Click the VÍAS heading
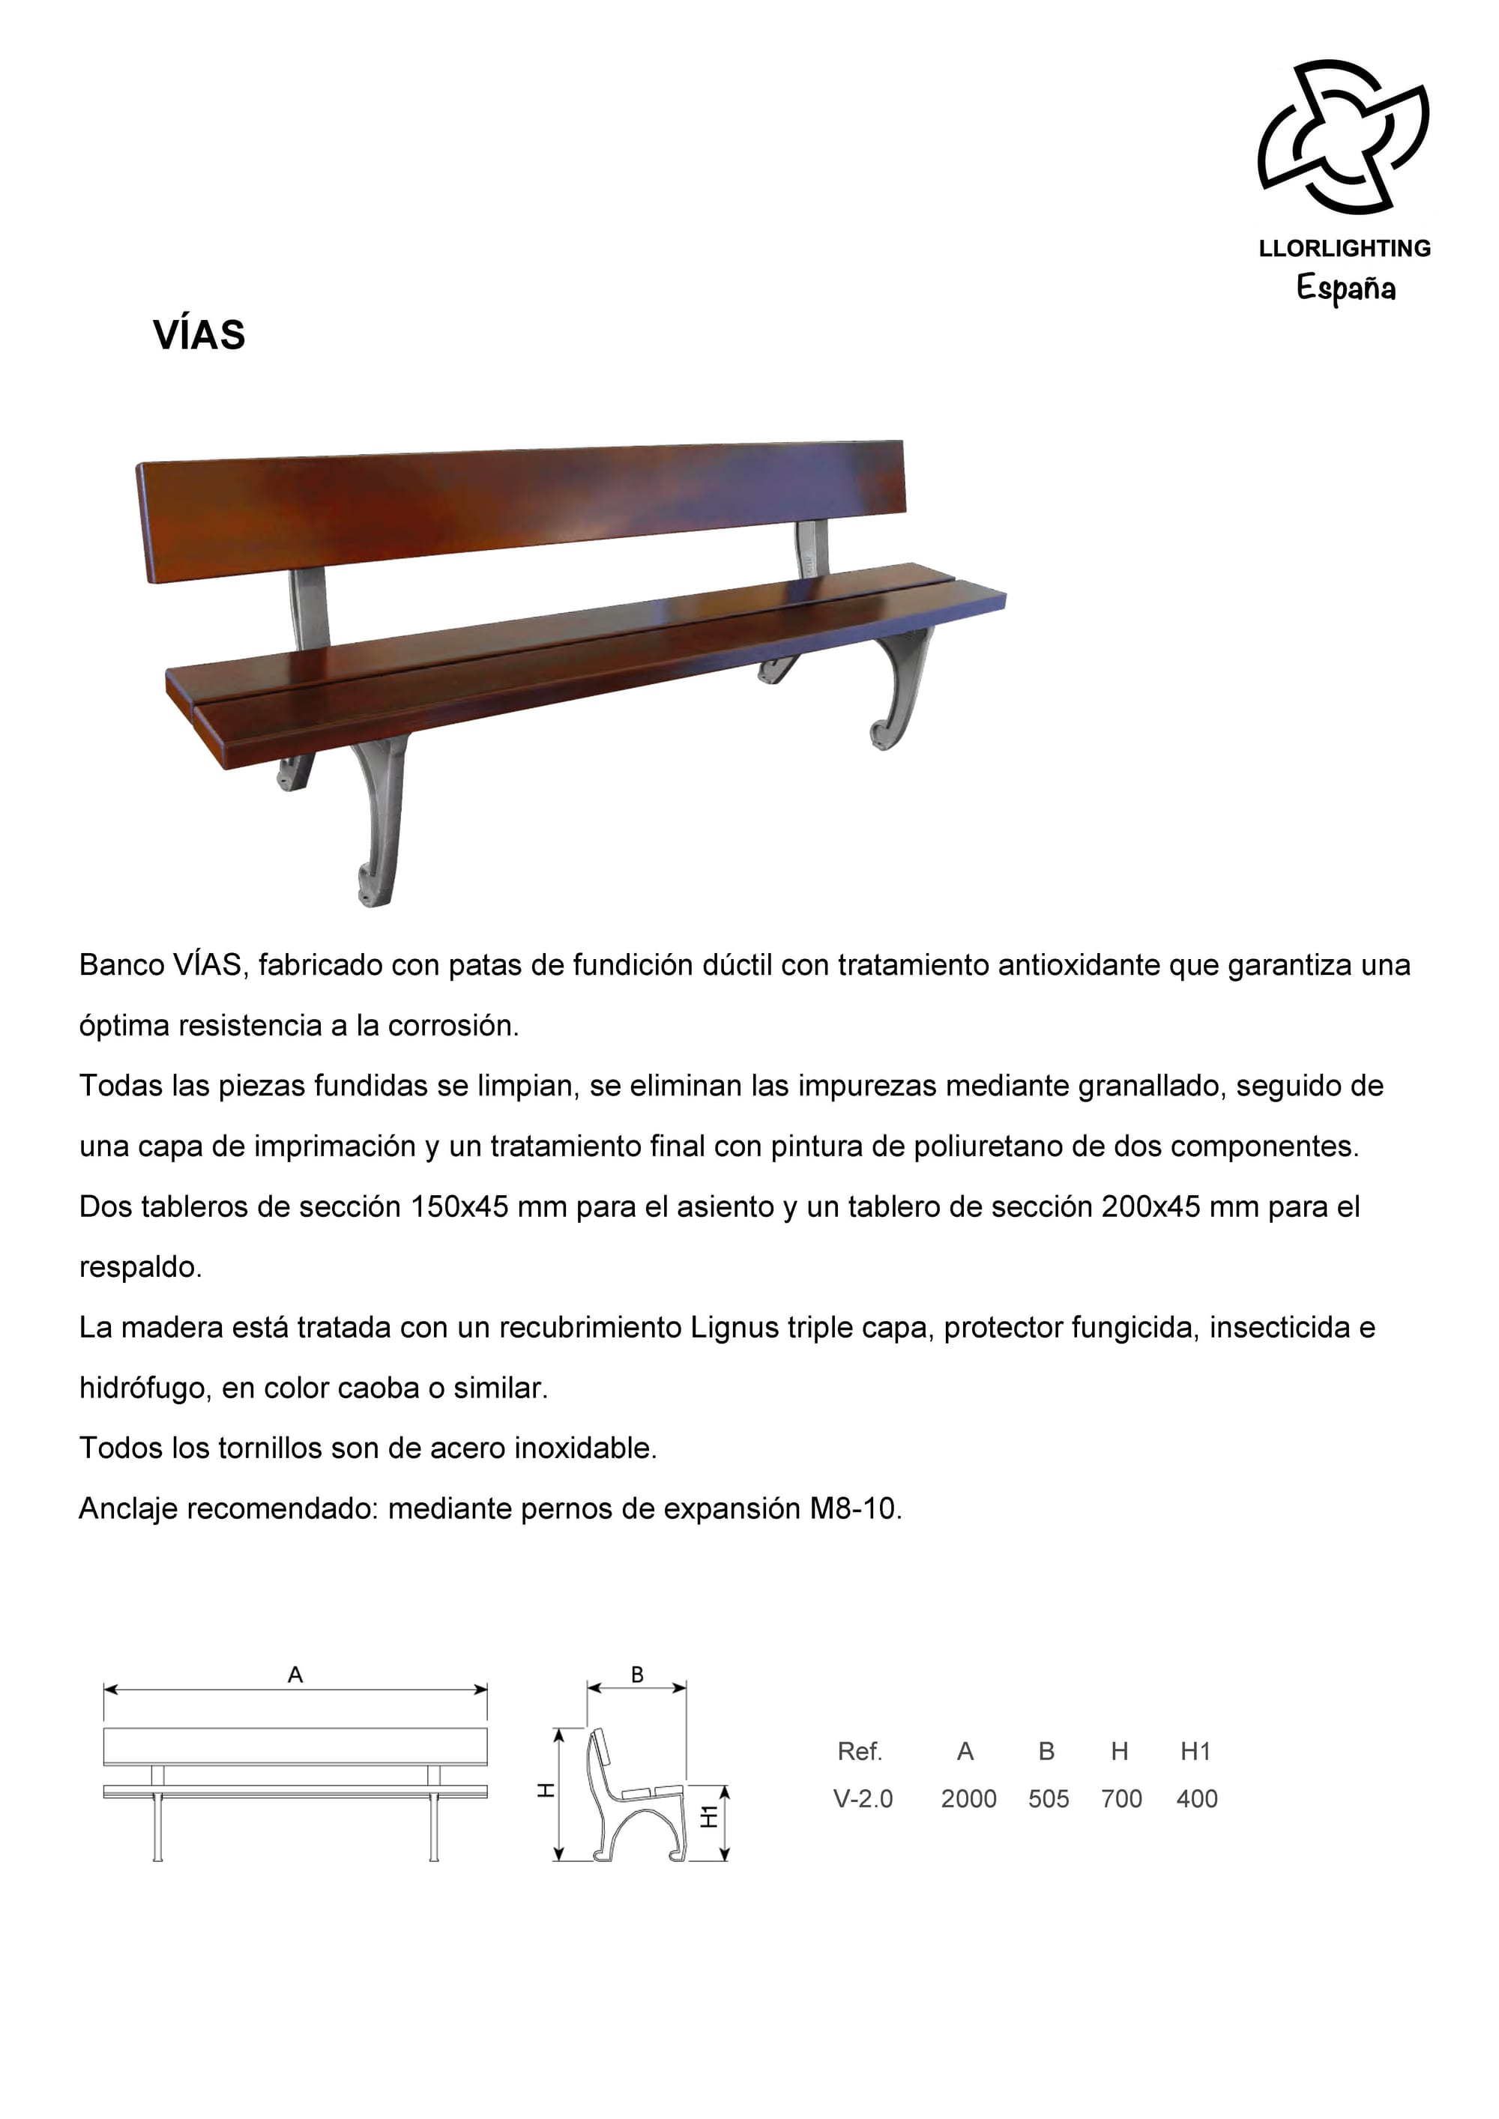click(199, 335)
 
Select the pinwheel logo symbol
click(1343, 136)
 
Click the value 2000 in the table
click(968, 1799)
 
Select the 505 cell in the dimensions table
click(1049, 1799)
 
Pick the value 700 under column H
click(1121, 1799)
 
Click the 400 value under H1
click(1196, 1799)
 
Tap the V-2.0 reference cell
click(863, 1799)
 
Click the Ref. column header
click(860, 1751)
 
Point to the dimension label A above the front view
click(295, 1674)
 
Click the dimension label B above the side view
click(637, 1674)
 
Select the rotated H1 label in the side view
click(709, 1816)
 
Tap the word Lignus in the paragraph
click(735, 1328)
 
